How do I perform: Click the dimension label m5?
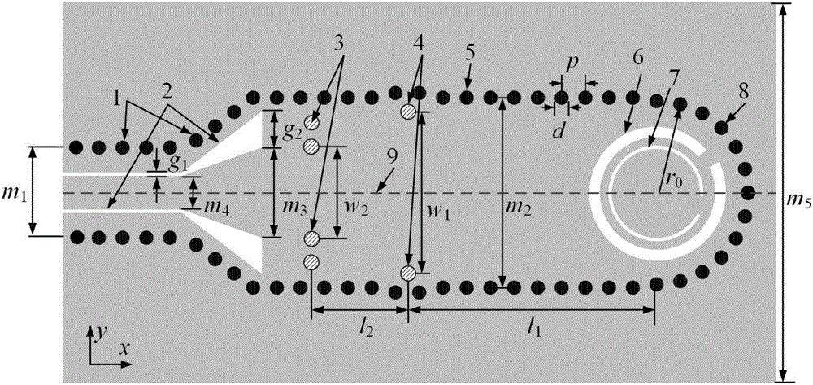(798, 199)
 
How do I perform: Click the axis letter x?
(125, 348)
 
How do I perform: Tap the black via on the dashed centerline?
(748, 193)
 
